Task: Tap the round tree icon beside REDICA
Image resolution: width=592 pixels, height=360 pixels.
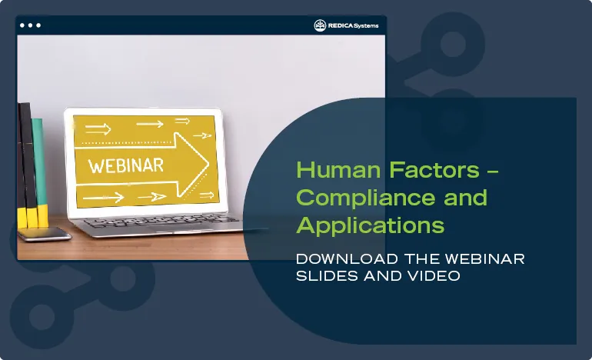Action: pyautogui.click(x=320, y=25)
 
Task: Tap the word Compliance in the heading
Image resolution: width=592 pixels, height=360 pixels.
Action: pyautogui.click(x=356, y=198)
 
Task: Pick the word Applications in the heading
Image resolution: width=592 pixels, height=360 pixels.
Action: pyautogui.click(x=370, y=225)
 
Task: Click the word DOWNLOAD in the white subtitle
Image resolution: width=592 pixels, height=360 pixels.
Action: pyautogui.click(x=338, y=259)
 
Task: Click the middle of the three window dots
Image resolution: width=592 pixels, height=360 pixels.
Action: pyautogui.click(x=30, y=25)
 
